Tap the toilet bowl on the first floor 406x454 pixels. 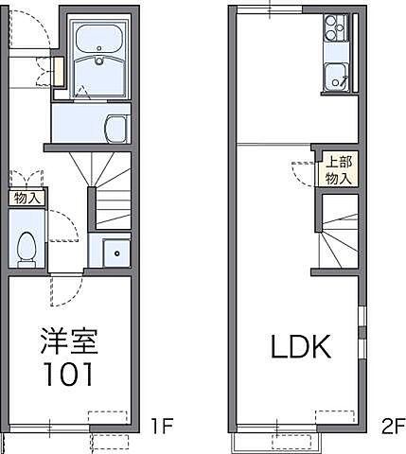coord(26,246)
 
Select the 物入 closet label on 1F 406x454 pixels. coord(27,198)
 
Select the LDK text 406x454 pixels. coord(300,348)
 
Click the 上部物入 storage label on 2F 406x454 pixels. coord(339,168)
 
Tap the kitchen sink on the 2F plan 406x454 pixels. coord(337,76)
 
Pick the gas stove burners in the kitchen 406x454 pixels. coord(336,29)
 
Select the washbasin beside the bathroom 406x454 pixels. coord(115,129)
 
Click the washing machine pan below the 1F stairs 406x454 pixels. coord(115,252)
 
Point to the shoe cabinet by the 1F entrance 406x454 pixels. coord(58,72)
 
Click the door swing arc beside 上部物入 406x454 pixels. coord(303,173)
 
